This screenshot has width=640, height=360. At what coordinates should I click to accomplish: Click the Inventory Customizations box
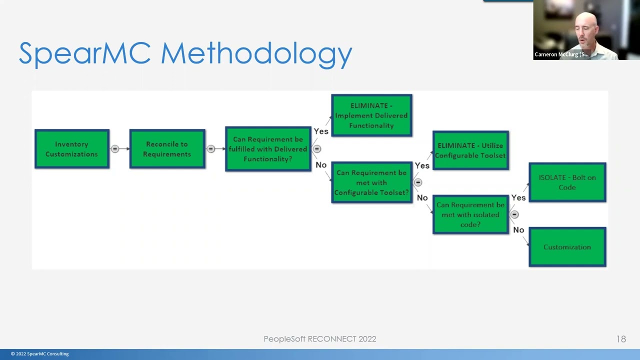click(x=72, y=149)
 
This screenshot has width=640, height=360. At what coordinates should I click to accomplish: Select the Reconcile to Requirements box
click(x=167, y=149)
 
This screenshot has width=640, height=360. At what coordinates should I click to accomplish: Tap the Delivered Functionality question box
click(x=268, y=149)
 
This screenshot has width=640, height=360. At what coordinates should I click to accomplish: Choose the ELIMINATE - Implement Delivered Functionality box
click(x=371, y=115)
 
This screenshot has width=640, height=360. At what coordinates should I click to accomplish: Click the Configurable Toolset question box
click(x=371, y=182)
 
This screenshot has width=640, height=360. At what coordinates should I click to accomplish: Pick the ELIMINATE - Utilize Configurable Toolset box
click(x=470, y=150)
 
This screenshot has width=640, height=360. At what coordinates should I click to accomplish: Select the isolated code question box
click(x=470, y=214)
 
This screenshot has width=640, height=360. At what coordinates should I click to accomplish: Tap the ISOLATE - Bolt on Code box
click(x=567, y=182)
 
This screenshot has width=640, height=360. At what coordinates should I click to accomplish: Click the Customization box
click(x=567, y=247)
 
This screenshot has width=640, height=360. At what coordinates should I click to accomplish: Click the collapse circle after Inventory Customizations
click(x=115, y=149)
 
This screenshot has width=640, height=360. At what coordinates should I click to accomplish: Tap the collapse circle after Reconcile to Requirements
click(x=211, y=149)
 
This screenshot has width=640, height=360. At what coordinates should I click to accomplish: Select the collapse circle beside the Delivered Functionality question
click(x=317, y=149)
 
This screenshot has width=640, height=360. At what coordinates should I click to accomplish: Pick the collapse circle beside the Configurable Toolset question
click(x=418, y=182)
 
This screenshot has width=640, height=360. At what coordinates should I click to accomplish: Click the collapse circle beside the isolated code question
click(x=514, y=214)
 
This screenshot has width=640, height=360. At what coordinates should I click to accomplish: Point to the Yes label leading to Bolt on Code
click(x=518, y=198)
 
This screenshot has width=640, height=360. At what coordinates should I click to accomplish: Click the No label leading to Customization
click(x=518, y=230)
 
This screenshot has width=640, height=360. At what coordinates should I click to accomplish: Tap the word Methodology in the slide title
click(x=256, y=54)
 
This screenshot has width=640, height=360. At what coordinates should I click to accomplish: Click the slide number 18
click(x=621, y=339)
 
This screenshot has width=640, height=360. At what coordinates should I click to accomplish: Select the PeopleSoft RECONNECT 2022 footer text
click(x=320, y=339)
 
